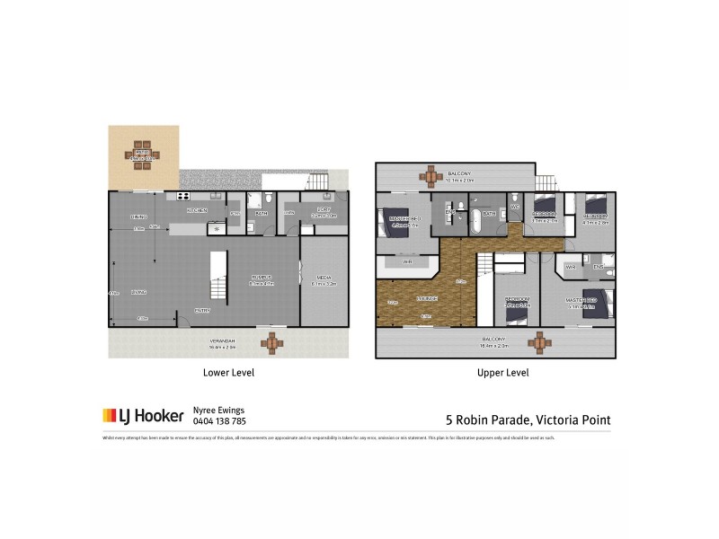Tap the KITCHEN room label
[197, 210]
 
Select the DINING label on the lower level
[138, 216]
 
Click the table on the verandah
[272, 342]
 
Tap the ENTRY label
[204, 310]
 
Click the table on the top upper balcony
[431, 174]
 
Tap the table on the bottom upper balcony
[539, 343]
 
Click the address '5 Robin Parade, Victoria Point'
[528, 418]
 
